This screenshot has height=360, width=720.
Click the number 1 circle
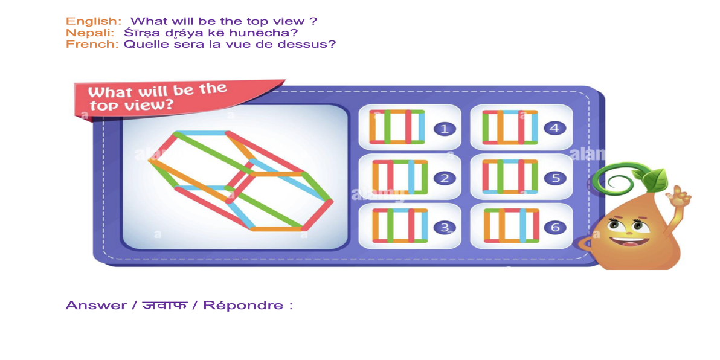click(445, 129)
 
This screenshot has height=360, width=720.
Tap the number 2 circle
click(445, 178)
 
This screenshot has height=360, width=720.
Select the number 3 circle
click(445, 228)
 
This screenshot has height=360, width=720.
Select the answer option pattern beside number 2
click(399, 177)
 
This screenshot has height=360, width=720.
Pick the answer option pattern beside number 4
click(510, 127)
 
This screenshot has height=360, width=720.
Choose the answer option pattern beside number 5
click(510, 177)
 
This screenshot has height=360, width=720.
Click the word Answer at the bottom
click(96, 305)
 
